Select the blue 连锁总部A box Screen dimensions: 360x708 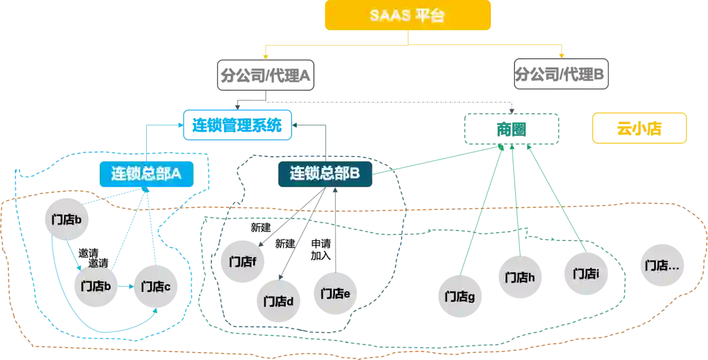point(146,173)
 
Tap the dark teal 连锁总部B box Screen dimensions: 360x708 point(325,173)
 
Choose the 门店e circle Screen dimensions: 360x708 point(334,292)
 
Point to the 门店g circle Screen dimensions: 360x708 point(459,296)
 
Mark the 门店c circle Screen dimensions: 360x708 point(155,286)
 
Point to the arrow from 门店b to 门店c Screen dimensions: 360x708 point(127,287)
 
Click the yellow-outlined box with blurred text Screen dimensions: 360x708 point(639,129)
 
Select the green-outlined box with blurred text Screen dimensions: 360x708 point(511,129)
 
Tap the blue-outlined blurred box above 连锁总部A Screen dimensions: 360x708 point(237,124)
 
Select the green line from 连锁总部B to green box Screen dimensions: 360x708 point(433,158)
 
